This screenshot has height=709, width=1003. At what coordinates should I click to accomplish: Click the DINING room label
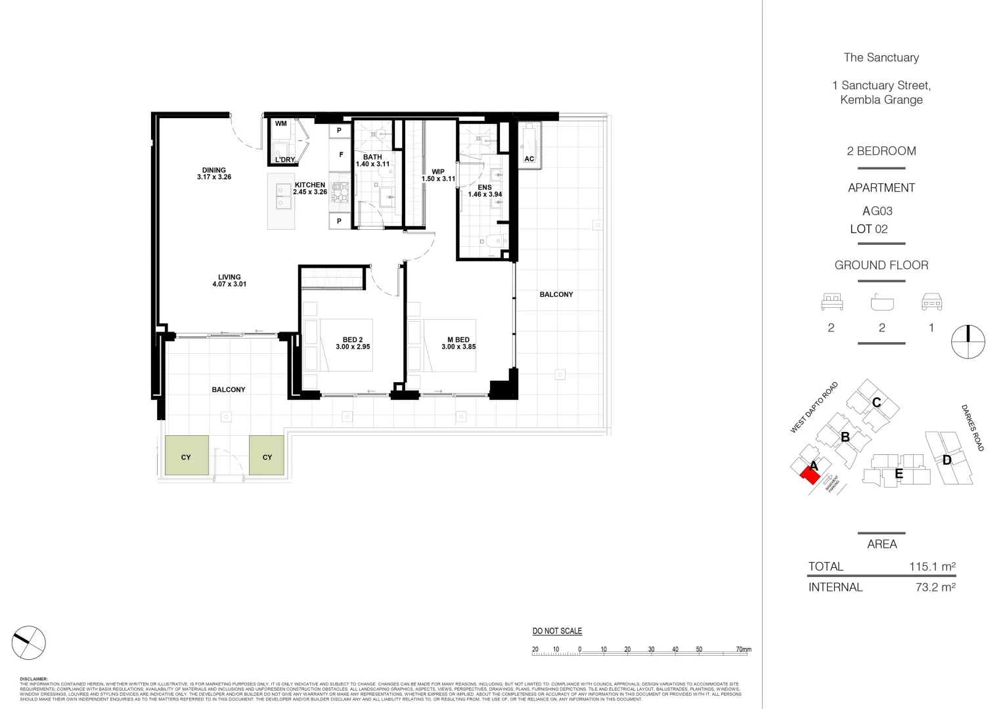214,170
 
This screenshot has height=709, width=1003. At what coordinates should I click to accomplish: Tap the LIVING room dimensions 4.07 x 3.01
229,284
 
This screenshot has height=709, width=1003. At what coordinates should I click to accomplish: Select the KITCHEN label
310,185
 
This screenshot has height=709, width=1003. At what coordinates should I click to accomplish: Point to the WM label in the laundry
281,123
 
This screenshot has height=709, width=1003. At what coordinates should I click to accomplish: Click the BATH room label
372,157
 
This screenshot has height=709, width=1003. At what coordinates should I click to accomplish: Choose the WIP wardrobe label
438,171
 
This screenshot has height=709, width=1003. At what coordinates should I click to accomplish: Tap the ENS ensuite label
485,187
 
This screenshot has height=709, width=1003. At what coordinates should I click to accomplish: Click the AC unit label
529,159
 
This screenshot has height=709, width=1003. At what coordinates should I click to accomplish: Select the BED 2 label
353,339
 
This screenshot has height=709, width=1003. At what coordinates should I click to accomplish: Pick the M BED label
458,339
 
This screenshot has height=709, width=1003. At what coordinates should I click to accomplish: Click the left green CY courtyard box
187,456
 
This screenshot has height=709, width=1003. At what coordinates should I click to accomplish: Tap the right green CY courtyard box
267,456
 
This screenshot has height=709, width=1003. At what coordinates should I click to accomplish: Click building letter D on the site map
947,460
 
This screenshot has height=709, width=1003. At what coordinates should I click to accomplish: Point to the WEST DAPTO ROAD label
814,408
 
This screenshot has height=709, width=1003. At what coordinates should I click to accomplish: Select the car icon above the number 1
931,302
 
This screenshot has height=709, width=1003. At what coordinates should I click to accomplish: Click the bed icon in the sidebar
832,302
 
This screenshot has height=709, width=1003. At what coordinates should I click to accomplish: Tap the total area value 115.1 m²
932,567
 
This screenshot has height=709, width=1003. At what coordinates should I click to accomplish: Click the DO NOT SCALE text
557,631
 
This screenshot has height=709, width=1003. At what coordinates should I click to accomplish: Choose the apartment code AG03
877,211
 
